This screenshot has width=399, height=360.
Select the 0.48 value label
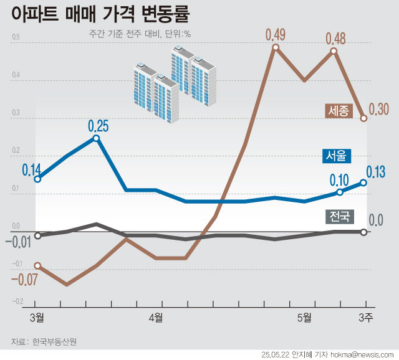click(x=335, y=38)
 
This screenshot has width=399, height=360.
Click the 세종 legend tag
click(x=339, y=111)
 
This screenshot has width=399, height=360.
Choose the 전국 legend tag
click(x=340, y=217)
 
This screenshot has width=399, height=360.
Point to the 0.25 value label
click(x=99, y=126)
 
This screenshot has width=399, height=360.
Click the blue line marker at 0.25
click(x=96, y=138)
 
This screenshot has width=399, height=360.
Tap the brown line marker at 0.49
click(x=275, y=47)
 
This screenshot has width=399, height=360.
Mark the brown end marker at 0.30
click(x=364, y=118)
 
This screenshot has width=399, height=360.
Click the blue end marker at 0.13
click(x=364, y=182)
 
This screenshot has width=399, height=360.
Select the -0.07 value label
click(x=24, y=280)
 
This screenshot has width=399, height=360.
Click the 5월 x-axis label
click(x=304, y=318)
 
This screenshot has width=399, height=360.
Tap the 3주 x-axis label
click(x=365, y=318)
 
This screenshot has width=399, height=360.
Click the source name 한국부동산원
click(x=57, y=342)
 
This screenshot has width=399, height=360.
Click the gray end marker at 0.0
click(x=364, y=232)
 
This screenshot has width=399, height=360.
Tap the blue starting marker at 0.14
click(x=37, y=179)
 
